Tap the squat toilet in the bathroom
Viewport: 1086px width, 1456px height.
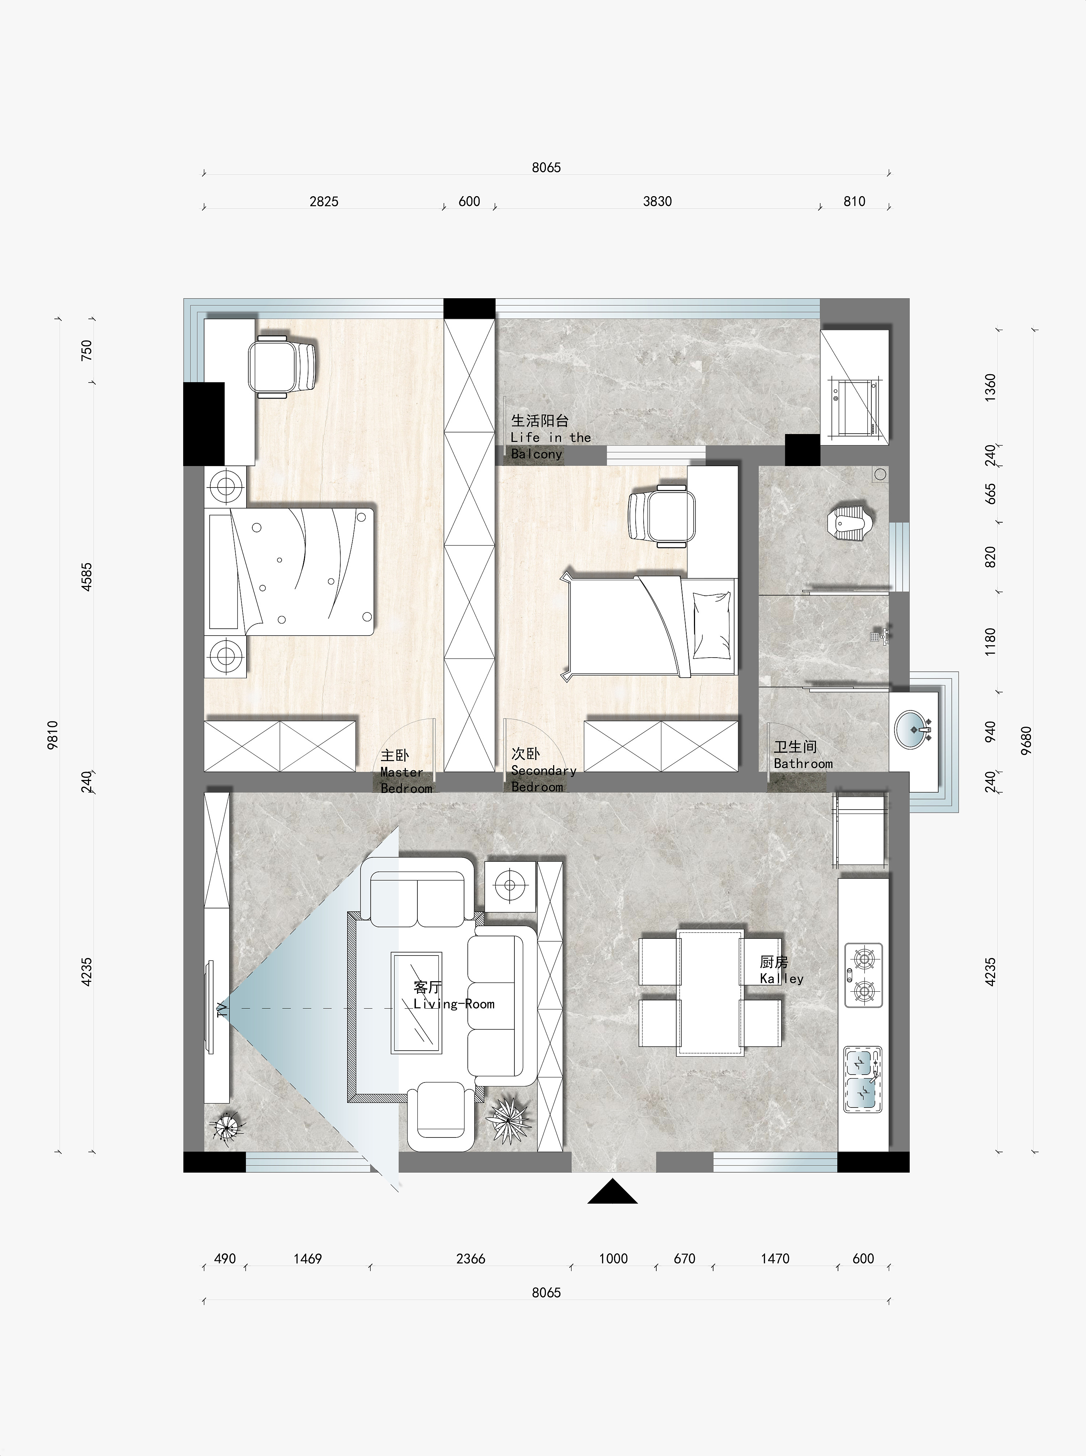pyautogui.click(x=851, y=522)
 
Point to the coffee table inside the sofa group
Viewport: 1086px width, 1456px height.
pyautogui.click(x=416, y=1003)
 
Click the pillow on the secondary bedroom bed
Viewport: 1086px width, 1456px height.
pyautogui.click(x=711, y=625)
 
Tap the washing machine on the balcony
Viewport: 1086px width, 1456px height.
pyautogui.click(x=853, y=408)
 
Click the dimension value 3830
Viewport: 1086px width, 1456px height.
pyautogui.click(x=657, y=201)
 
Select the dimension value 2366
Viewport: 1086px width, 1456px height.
pyautogui.click(x=471, y=1258)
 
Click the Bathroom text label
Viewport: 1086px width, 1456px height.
pyautogui.click(x=803, y=764)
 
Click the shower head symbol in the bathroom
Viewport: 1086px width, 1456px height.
pyautogui.click(x=879, y=636)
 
